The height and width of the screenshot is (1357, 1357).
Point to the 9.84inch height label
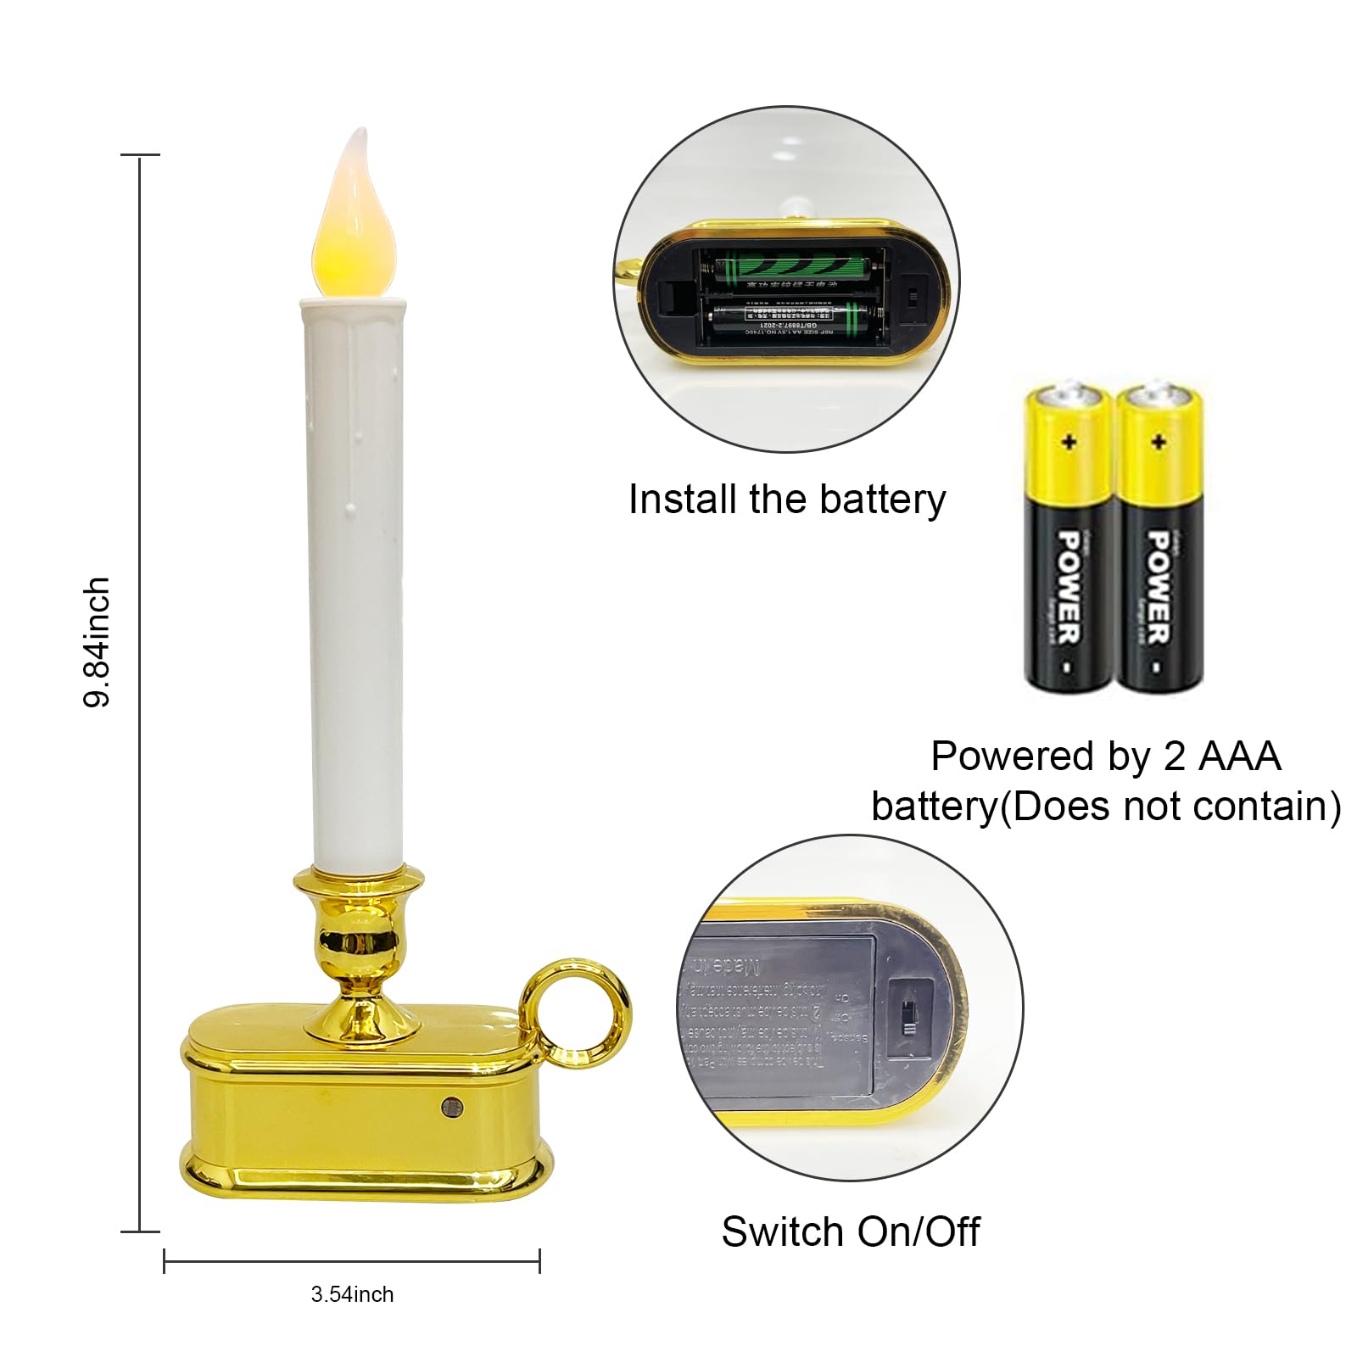(x=98, y=641)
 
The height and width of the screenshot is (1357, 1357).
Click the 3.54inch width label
(x=352, y=1294)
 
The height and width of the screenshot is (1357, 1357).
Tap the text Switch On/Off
(x=850, y=1231)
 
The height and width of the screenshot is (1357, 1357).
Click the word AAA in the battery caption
(x=1239, y=756)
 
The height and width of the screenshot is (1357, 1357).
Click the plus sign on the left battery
(x=1069, y=442)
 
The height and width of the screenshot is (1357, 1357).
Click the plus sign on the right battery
(x=1159, y=442)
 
